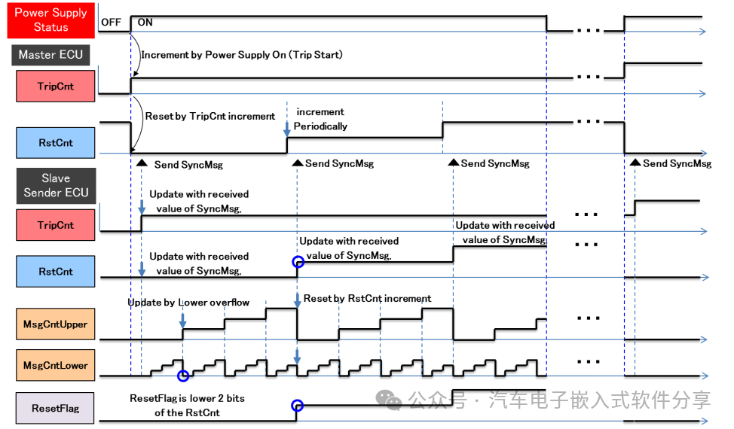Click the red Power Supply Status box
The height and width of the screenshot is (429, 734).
pyautogui.click(x=51, y=20)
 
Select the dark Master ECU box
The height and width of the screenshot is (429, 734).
pyautogui.click(x=50, y=55)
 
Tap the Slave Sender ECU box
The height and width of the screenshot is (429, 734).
pyautogui.click(x=57, y=186)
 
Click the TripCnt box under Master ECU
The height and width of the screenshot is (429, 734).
pyautogui.click(x=56, y=86)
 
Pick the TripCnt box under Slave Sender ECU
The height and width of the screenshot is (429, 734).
pyautogui.click(x=56, y=225)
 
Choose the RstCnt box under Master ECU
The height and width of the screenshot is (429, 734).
pyautogui.click(x=56, y=142)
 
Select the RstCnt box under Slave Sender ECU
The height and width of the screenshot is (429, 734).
pyautogui.click(x=56, y=271)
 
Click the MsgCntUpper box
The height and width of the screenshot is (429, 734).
pyautogui.click(x=56, y=324)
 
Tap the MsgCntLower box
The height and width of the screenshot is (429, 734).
pyautogui.click(x=56, y=365)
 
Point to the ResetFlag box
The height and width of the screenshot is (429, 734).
pyautogui.click(x=55, y=408)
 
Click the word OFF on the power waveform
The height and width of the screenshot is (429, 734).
pyautogui.click(x=111, y=23)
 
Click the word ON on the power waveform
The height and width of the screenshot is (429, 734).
pyautogui.click(x=145, y=23)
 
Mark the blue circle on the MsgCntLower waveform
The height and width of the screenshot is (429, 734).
pyautogui.click(x=183, y=376)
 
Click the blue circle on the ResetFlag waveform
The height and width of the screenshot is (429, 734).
pyautogui.click(x=297, y=406)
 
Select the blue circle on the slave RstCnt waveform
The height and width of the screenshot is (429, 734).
pyautogui.click(x=298, y=262)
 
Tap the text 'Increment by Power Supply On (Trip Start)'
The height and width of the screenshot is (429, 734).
pyautogui.click(x=242, y=55)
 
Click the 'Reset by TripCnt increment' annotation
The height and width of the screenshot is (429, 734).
pyautogui.click(x=210, y=116)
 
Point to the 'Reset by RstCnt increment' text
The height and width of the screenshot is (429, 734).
pyautogui.click(x=368, y=298)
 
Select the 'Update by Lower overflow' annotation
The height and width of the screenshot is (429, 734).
pyautogui.click(x=188, y=303)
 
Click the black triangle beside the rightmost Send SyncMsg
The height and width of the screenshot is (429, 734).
pyautogui.click(x=635, y=162)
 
